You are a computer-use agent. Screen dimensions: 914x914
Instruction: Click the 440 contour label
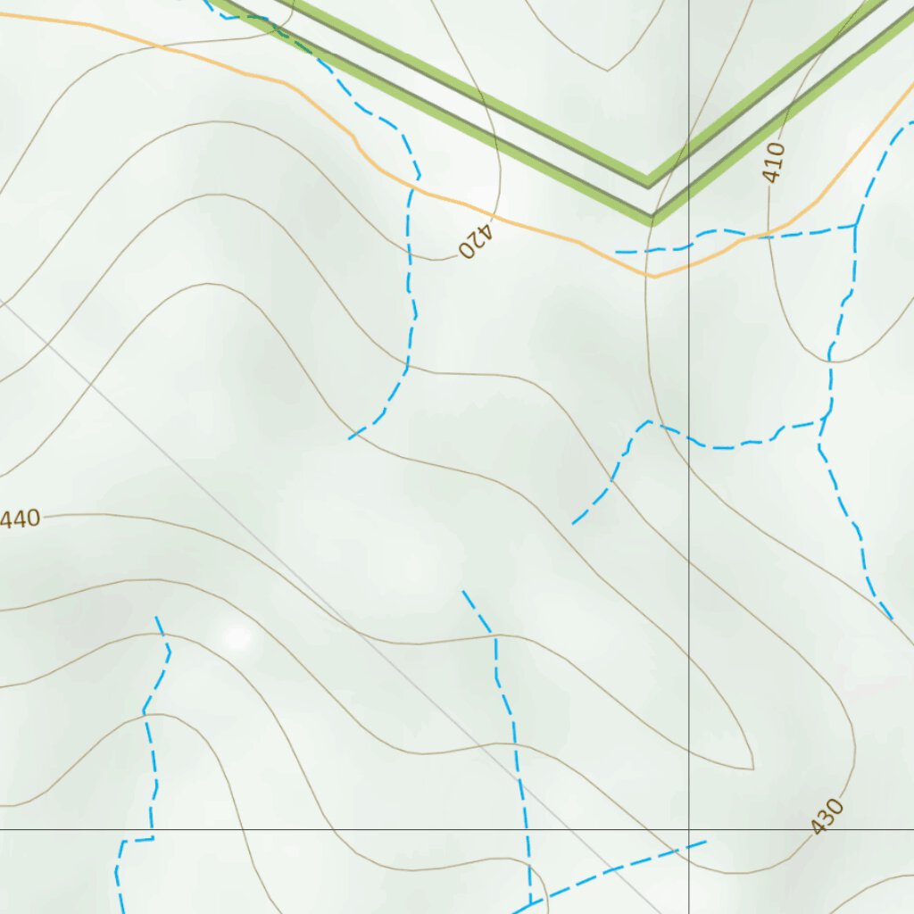click(x=20, y=519)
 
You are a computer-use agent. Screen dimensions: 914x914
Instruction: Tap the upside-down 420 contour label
click(x=476, y=239)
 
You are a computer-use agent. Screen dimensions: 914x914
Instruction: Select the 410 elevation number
click(x=774, y=162)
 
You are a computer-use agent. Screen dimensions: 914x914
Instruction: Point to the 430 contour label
click(x=827, y=817)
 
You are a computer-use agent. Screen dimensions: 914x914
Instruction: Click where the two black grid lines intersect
click(x=689, y=829)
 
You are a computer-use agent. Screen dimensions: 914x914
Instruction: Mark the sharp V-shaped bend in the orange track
click(x=654, y=276)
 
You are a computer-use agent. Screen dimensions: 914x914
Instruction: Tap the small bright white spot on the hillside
click(x=237, y=637)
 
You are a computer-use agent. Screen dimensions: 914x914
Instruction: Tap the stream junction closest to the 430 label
click(x=530, y=903)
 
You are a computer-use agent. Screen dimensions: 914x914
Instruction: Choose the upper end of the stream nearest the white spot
click(x=157, y=617)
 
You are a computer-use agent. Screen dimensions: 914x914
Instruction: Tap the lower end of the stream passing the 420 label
click(x=350, y=438)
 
